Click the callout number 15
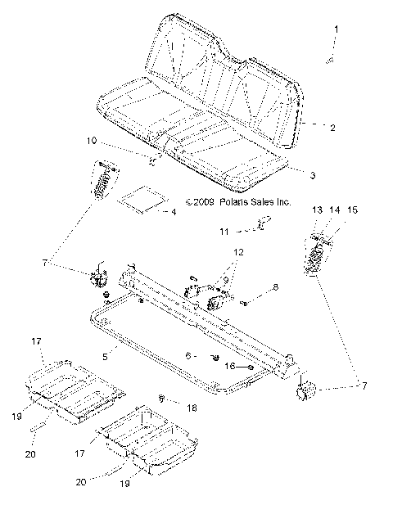353,211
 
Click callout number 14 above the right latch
334,211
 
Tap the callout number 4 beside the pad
172,212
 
